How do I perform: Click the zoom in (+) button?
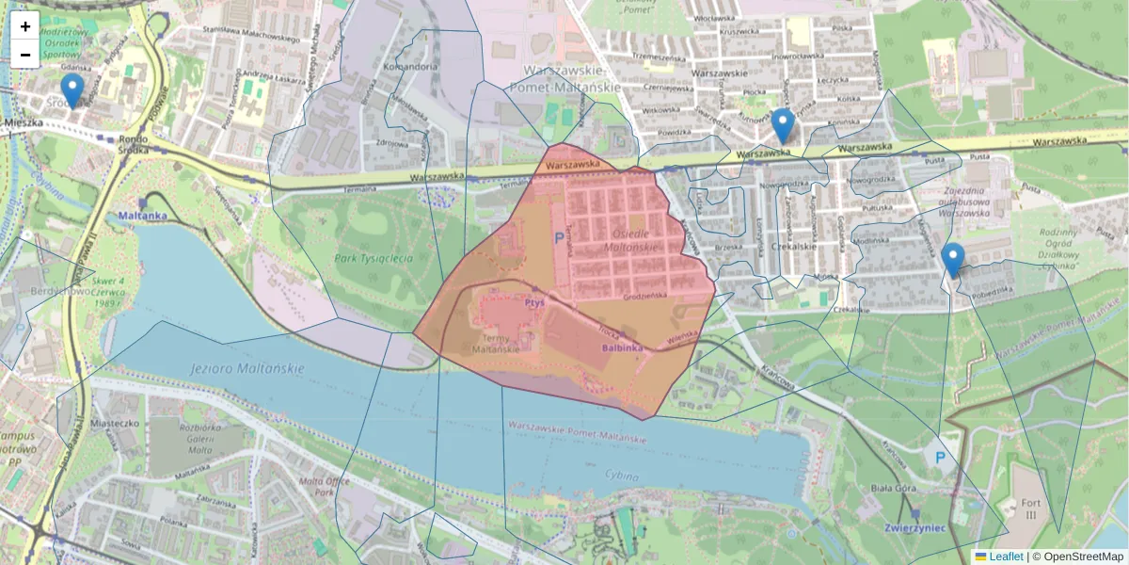click(x=25, y=26)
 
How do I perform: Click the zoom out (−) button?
click(x=25, y=55)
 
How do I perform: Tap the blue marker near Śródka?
click(x=72, y=92)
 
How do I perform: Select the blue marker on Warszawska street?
click(x=783, y=126)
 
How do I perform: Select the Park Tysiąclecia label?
click(x=374, y=257)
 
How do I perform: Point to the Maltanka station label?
click(x=143, y=216)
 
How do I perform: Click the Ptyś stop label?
click(x=536, y=304)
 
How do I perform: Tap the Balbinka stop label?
click(x=623, y=347)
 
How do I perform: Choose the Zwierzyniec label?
click(x=915, y=528)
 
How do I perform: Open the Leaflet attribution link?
click(x=1006, y=557)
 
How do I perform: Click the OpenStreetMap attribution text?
click(x=1077, y=557)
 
